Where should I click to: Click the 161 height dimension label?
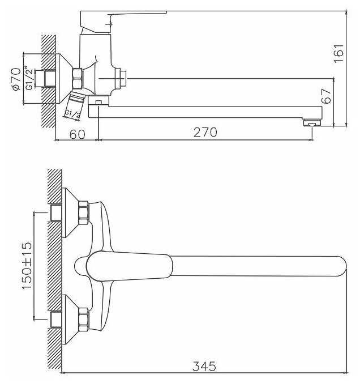click(338, 54)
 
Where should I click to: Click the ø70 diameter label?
click(15, 79)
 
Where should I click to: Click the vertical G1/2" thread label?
click(30, 79)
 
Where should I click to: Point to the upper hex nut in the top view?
click(83, 213)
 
